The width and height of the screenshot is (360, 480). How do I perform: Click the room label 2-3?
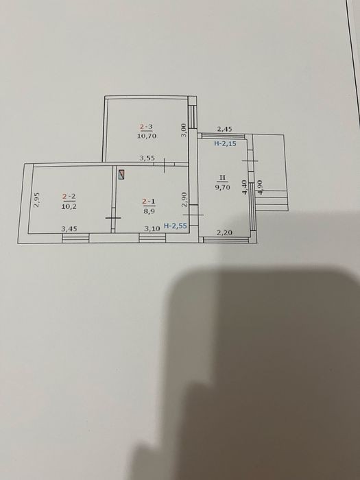pyautogui.click(x=146, y=126)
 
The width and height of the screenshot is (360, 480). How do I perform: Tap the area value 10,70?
pyautogui.click(x=146, y=136)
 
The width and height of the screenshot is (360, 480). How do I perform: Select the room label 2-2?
pyautogui.click(x=69, y=197)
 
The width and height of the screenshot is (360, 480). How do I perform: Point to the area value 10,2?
pyautogui.click(x=69, y=206)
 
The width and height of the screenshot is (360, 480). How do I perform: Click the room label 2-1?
pyautogui.click(x=149, y=202)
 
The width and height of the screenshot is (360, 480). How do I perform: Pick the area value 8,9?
pyautogui.click(x=149, y=211)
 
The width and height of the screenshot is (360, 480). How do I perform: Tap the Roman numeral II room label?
pyautogui.click(x=223, y=178)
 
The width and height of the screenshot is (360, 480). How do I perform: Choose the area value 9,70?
pyautogui.click(x=223, y=187)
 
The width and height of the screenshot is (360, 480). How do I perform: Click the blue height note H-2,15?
pyautogui.click(x=225, y=143)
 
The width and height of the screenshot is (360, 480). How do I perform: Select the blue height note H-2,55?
pyautogui.click(x=176, y=226)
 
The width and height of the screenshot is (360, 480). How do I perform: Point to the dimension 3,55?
pyautogui.click(x=147, y=158)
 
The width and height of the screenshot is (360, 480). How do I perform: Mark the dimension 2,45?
pyautogui.click(x=224, y=129)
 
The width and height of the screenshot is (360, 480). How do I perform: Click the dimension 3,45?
pyautogui.click(x=69, y=228)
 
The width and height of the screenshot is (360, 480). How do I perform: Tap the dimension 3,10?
pyautogui.click(x=152, y=228)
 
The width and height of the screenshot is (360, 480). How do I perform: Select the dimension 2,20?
pyautogui.click(x=224, y=232)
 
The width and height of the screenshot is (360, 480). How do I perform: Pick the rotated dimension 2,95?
pyautogui.click(x=36, y=200)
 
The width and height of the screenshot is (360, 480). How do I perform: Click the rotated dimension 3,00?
pyautogui.click(x=183, y=130)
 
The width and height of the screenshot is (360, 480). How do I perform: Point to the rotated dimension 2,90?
pyautogui.click(x=184, y=200)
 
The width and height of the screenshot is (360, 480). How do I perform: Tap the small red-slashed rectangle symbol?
pyautogui.click(x=122, y=175)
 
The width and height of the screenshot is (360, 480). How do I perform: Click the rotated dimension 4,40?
pyautogui.click(x=244, y=188)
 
